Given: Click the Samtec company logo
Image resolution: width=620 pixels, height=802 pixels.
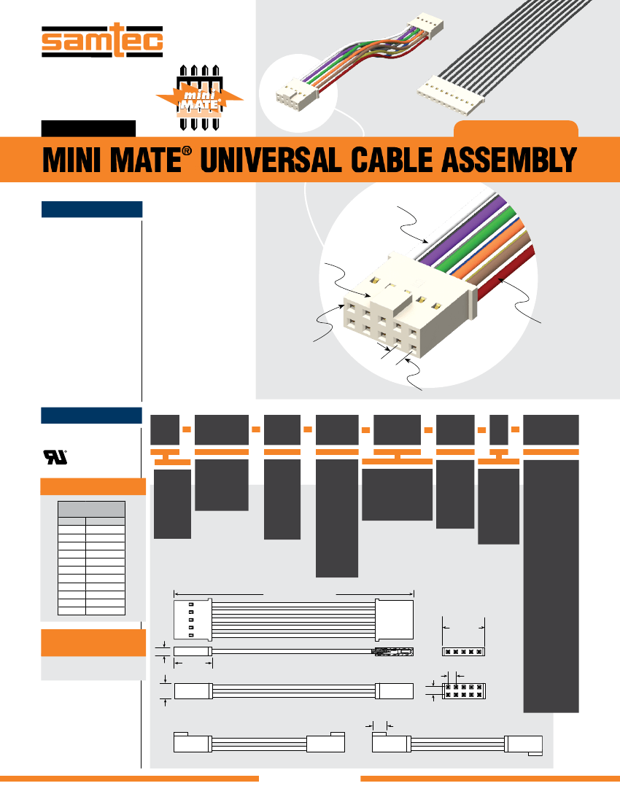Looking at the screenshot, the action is point(102,40).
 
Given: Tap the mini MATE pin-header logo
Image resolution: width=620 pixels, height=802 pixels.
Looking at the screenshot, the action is point(200,97).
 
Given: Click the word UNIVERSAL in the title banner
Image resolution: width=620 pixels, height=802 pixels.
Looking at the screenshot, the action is point(271,160).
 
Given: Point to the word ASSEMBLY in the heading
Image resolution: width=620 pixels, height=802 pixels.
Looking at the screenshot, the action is point(509,160).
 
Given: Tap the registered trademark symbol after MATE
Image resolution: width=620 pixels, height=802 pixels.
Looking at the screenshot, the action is point(187,152).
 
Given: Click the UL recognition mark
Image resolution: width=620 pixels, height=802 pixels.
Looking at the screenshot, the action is point(55,456).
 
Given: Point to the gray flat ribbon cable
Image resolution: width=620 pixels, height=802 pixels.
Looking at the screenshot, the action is point(516,44).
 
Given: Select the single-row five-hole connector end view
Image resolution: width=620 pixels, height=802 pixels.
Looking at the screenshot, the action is point(463,652).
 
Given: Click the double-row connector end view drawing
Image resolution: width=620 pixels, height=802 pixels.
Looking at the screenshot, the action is point(463,691).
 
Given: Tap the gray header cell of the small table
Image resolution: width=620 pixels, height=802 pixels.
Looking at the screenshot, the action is point(92,509).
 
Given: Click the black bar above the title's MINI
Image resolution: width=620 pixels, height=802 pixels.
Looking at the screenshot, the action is point(88,129).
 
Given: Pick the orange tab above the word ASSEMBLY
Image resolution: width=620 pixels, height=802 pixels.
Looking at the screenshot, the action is point(516,129).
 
